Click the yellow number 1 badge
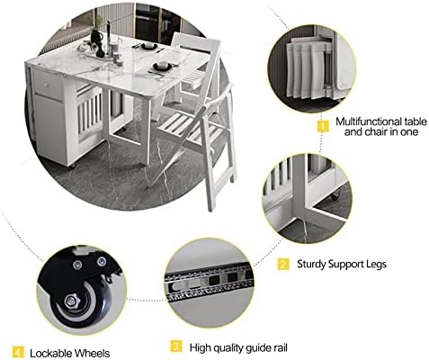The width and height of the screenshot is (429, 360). click(323, 126)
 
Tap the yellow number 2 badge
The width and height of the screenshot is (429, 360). click(283, 265)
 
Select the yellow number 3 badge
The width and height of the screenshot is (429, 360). click(176, 346)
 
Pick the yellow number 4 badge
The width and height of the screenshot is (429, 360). click(18, 352)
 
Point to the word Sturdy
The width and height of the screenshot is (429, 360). click(311, 265)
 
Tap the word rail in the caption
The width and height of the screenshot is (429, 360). click(279, 348)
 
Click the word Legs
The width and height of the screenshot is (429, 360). click(376, 265)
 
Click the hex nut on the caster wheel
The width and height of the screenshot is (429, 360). click(71, 301)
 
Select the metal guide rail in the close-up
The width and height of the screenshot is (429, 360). click(210, 282)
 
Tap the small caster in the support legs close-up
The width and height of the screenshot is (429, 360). click(335, 195)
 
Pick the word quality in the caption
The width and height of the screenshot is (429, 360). click(225, 348)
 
